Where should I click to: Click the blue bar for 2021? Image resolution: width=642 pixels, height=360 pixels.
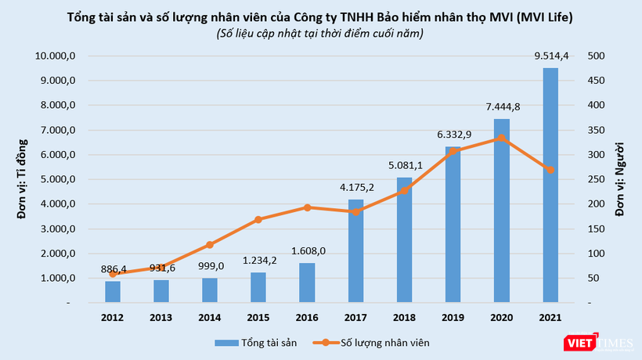coord(550,185)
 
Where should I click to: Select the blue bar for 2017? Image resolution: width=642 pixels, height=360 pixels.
coord(356,250)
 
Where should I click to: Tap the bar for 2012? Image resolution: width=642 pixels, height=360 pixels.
coord(113,291)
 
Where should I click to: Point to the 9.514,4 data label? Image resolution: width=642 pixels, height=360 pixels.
coord(550,55)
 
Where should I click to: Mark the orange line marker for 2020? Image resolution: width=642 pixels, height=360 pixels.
coord(502,138)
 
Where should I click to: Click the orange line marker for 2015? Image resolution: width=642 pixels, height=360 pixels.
coord(258,220)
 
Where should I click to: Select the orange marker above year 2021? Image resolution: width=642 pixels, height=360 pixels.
coord(550,170)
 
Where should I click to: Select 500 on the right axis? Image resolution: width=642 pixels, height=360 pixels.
coord(596,56)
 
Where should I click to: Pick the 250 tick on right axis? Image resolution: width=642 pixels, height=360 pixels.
coord(596,179)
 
